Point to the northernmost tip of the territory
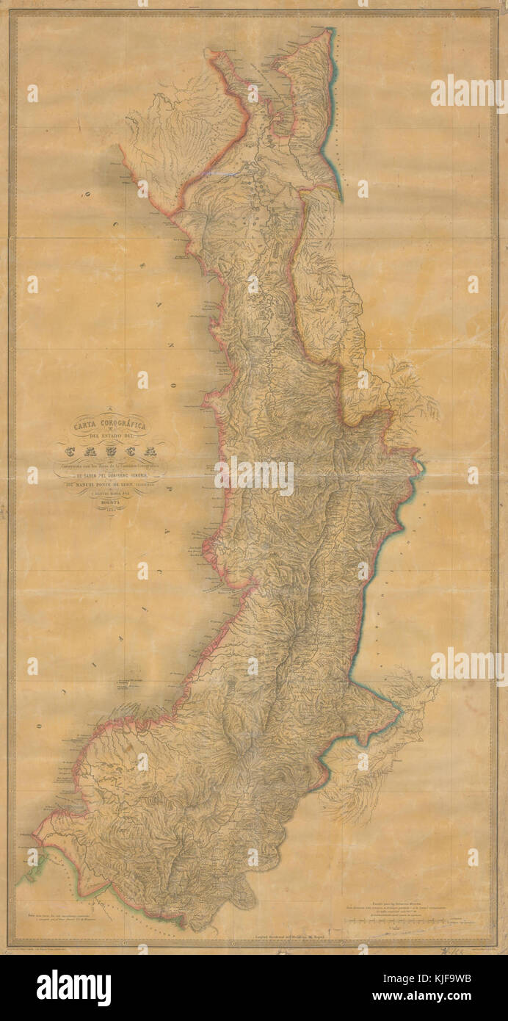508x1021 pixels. click(330, 31)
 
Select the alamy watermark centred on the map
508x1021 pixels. click(253, 475)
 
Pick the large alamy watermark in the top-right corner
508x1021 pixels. click(468, 93)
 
